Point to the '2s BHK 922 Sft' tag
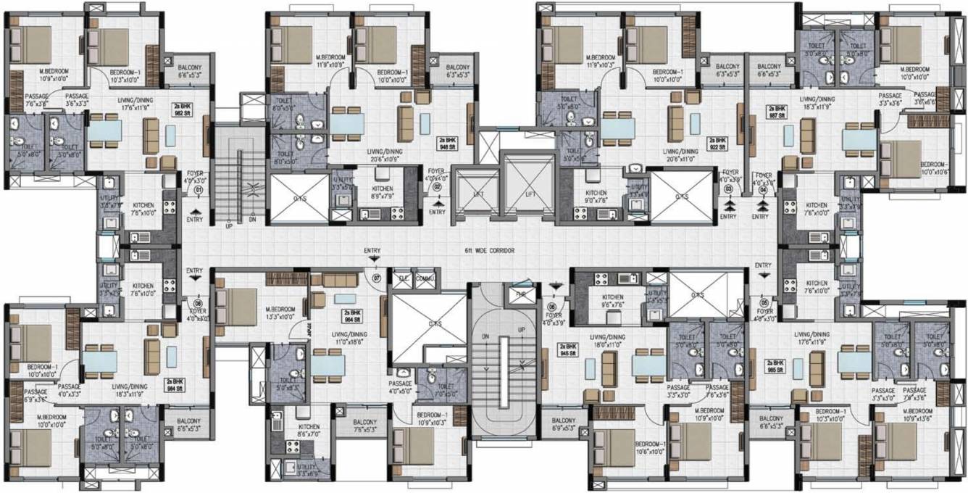717,142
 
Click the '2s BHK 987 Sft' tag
776,110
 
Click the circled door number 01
197,191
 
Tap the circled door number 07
376,278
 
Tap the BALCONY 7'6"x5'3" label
364,426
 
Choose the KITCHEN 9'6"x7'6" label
613,301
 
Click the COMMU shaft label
425,277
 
